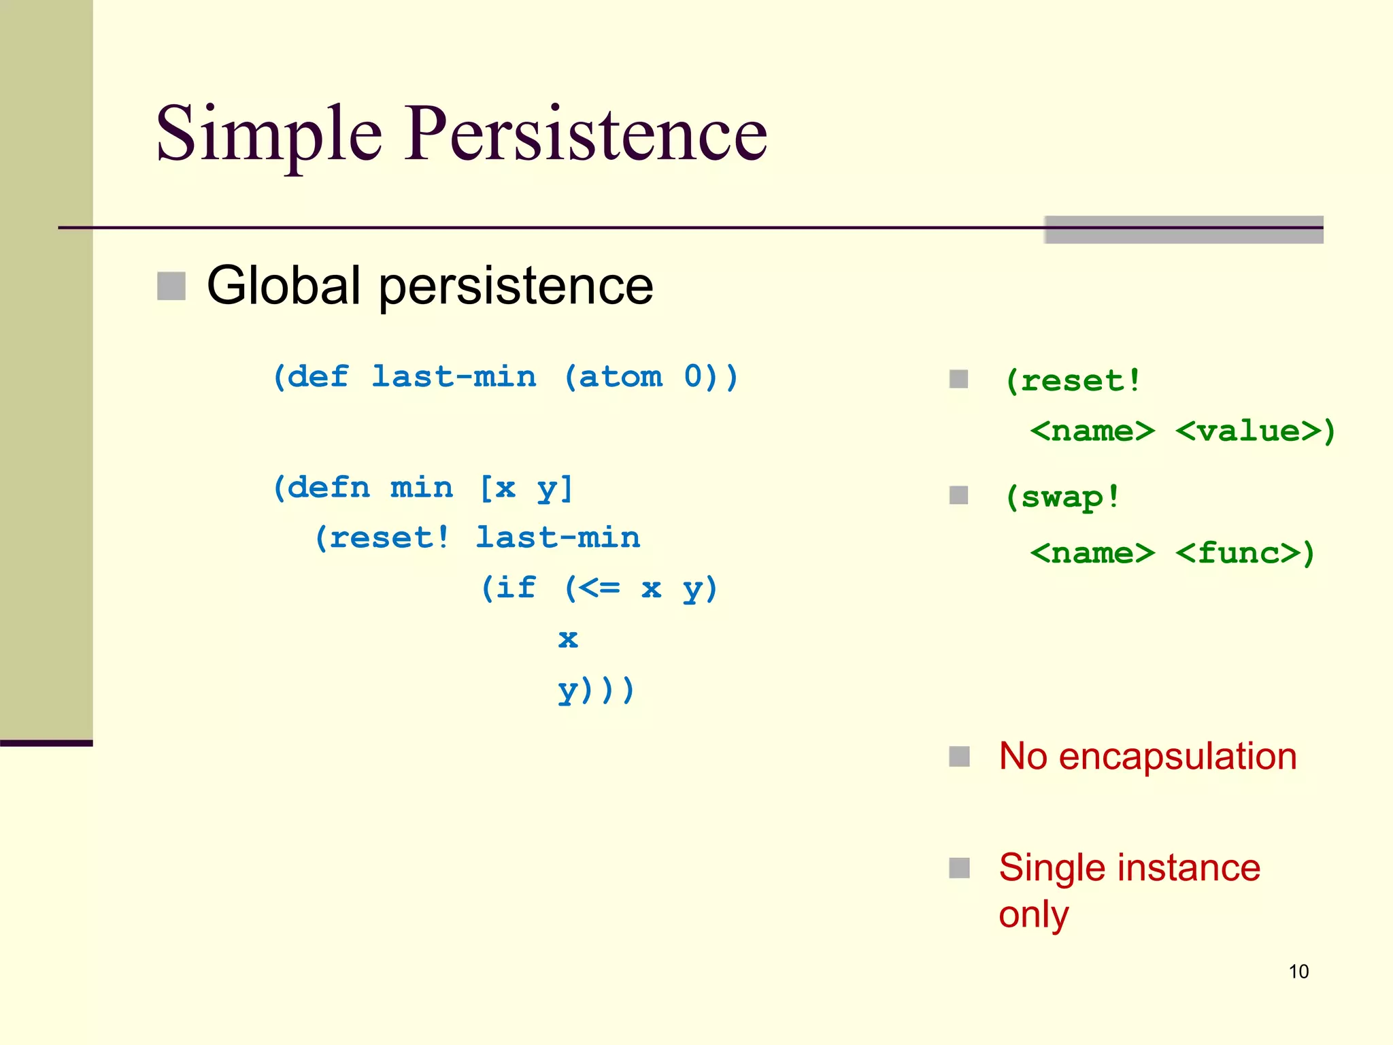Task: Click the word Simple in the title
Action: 269,134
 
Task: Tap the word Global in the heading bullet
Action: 283,286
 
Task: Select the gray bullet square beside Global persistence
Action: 171,286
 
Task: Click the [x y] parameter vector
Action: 526,488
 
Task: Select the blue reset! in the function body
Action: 382,538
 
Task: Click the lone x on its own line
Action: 568,638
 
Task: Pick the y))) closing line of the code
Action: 596,689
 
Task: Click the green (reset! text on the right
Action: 1073,381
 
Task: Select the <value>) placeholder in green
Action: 1255,431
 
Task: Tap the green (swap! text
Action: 1062,497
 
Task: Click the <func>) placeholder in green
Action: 1245,553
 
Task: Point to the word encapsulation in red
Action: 1177,757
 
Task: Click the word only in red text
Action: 1033,914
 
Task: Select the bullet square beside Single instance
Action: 959,868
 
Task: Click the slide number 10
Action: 1298,972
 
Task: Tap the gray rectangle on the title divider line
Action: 1184,230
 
